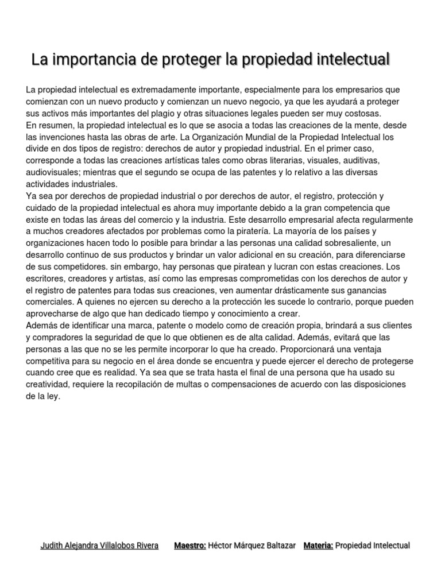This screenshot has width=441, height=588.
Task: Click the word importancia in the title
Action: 92,59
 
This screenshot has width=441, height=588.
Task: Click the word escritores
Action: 48,278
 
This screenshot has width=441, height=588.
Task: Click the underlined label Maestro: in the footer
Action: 190,546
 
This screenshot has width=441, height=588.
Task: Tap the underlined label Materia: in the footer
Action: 318,546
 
